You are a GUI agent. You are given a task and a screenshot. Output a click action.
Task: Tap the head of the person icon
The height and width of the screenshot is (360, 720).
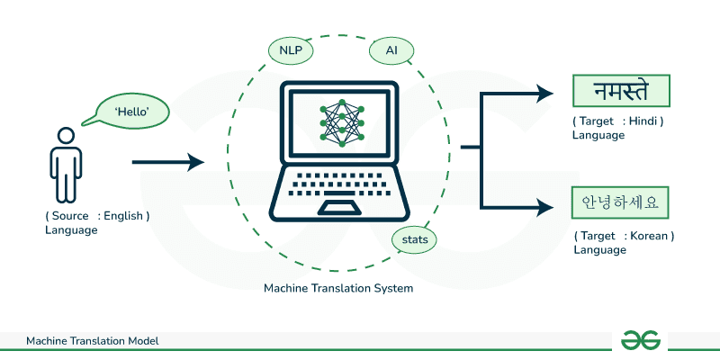[66, 136]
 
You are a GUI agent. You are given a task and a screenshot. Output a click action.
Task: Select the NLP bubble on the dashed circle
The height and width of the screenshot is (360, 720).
[291, 51]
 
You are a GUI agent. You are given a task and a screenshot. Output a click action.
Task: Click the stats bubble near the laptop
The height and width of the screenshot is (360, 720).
[415, 239]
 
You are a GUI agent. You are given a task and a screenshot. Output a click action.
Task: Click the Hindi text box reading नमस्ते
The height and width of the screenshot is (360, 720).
[622, 93]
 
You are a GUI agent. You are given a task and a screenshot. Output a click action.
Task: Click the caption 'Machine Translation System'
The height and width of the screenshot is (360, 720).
[338, 288]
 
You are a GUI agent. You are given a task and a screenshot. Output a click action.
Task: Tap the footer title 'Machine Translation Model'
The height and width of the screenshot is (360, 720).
[93, 341]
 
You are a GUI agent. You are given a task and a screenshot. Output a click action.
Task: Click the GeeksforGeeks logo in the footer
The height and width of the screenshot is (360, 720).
[640, 339]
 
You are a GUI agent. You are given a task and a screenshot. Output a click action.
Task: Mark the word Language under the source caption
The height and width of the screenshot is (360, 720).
[71, 230]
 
